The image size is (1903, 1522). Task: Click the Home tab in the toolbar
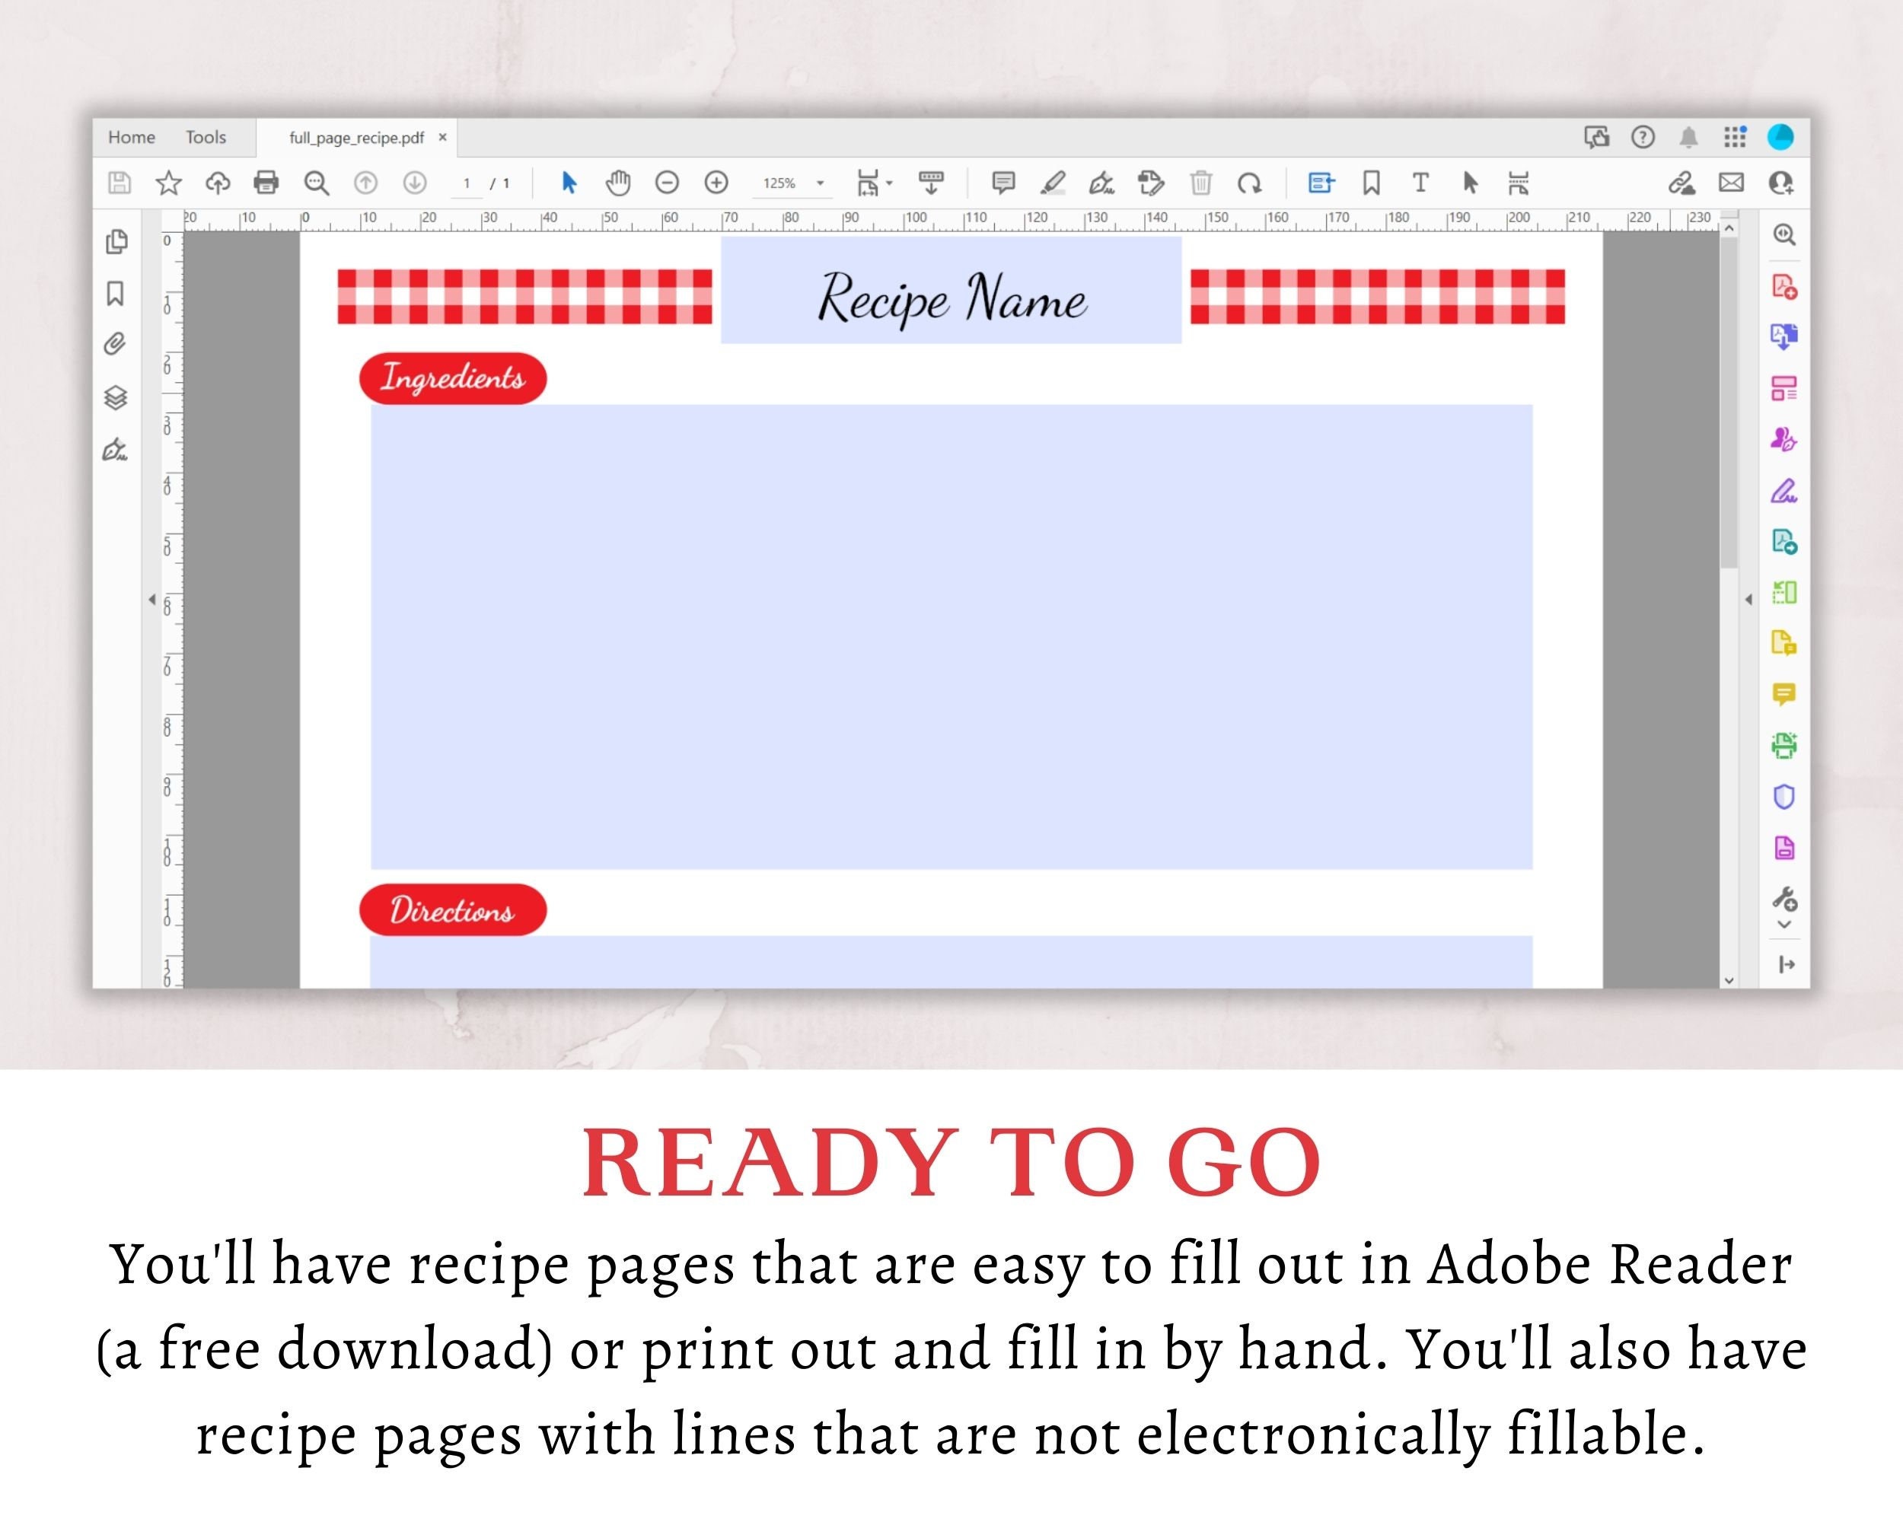[x=132, y=138]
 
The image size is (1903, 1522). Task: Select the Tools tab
[x=206, y=138]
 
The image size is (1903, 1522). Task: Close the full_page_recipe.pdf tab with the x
[x=443, y=138]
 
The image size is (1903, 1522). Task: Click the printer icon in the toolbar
[x=266, y=183]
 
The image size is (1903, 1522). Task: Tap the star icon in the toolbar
[x=168, y=183]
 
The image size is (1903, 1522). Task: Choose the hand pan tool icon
[x=618, y=183]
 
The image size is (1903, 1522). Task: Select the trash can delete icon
[x=1200, y=183]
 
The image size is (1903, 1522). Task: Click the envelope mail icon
[x=1731, y=183]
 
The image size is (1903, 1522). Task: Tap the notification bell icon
[x=1688, y=138]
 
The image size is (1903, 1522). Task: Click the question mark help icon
[x=1643, y=138]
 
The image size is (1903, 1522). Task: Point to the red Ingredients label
[x=453, y=378]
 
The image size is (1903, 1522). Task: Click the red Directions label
[x=453, y=909]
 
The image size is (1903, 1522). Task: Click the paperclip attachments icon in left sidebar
[x=116, y=344]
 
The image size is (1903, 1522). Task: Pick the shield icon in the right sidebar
[x=1783, y=797]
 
